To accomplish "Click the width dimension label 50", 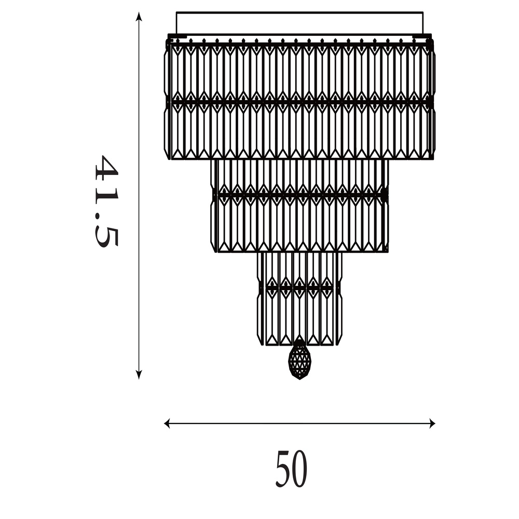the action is (x=291, y=469).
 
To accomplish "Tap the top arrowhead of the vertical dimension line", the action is (x=139, y=17).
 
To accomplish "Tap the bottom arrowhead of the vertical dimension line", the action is (x=139, y=374).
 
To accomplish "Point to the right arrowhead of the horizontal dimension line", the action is (x=431, y=424).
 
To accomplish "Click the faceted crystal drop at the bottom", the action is (x=299, y=359).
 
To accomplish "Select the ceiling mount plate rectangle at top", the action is (x=299, y=23).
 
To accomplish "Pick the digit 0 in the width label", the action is (x=299, y=469).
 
